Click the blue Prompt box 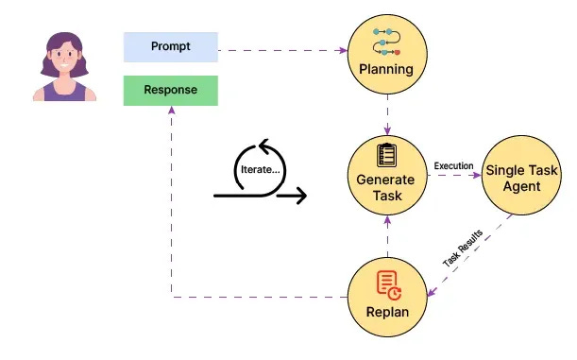171,45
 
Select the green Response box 171,91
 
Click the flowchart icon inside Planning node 384,43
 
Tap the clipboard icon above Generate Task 384,155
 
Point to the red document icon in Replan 385,283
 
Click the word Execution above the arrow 453,166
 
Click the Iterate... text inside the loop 261,168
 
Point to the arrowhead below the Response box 172,111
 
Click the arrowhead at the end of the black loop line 301,197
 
